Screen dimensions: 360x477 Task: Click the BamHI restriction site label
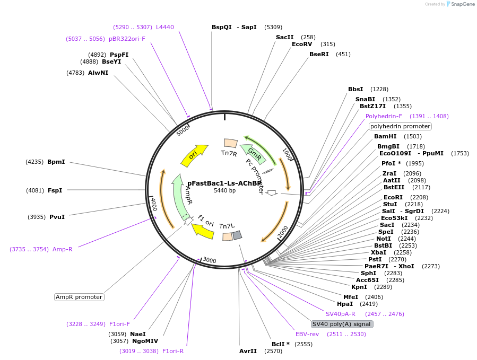[385, 136]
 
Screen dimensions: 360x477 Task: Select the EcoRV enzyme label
[302, 44]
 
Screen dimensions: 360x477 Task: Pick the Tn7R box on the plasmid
[230, 143]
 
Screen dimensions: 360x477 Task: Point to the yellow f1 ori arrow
[202, 229]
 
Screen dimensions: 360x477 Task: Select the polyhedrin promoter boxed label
[400, 126]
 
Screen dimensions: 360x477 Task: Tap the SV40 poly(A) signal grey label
[342, 324]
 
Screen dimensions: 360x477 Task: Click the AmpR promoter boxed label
[79, 297]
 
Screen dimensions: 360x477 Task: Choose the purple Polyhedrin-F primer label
[384, 116]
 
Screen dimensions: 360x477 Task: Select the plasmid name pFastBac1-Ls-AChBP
[224, 183]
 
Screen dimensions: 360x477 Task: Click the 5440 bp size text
[224, 190]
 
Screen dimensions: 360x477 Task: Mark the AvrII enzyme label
[248, 351]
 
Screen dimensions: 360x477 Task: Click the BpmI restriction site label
[56, 162]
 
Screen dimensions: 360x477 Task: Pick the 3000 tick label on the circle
[210, 260]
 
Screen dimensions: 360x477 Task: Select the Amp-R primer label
[62, 249]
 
